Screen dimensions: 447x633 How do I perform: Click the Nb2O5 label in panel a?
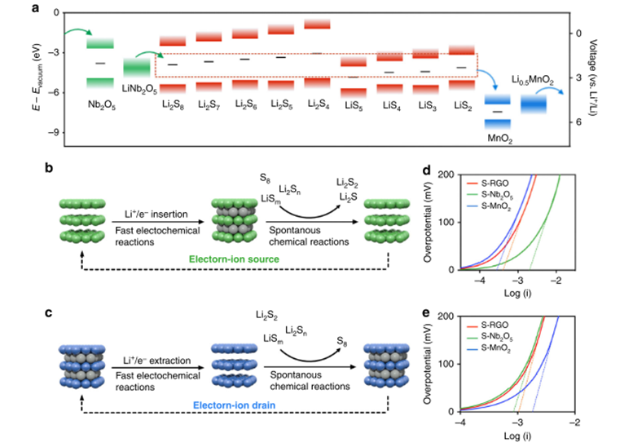click(x=100, y=106)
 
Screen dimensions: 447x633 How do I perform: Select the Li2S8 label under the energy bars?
click(x=172, y=106)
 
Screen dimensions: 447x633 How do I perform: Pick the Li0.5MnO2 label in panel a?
click(x=534, y=81)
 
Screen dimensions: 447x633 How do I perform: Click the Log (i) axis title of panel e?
click(x=518, y=440)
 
